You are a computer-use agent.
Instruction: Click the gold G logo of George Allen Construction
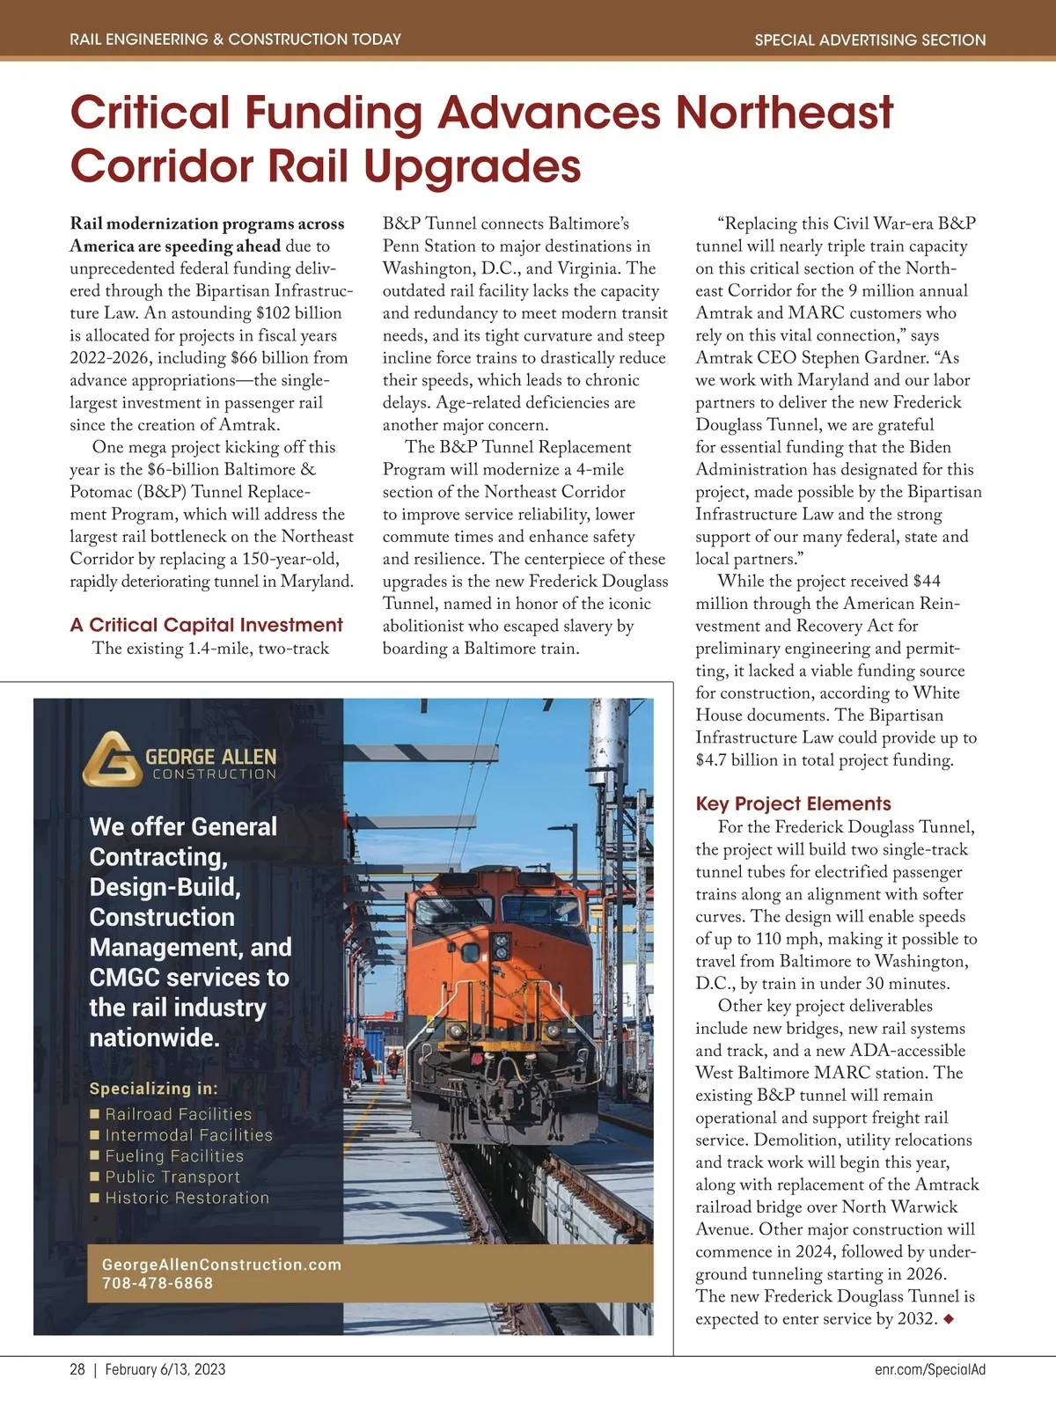[112, 758]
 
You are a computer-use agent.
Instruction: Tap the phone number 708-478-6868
[158, 1283]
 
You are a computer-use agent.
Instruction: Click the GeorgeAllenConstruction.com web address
[221, 1265]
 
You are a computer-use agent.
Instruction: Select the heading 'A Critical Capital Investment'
[206, 625]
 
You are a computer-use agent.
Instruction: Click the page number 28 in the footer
[77, 1369]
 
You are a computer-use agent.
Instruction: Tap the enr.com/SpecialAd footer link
[930, 1369]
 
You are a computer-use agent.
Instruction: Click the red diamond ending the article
[948, 1319]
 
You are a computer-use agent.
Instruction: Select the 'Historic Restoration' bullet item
[187, 1198]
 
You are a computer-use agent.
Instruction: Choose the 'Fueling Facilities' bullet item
[174, 1156]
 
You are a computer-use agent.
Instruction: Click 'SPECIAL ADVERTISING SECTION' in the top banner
[869, 40]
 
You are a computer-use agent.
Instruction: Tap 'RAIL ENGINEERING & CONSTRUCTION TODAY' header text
[235, 40]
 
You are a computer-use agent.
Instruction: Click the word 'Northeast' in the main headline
[784, 112]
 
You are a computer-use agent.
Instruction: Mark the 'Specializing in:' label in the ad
[153, 1089]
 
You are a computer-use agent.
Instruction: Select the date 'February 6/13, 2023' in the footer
[165, 1369]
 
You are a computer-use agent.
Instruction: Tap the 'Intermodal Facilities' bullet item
[188, 1135]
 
